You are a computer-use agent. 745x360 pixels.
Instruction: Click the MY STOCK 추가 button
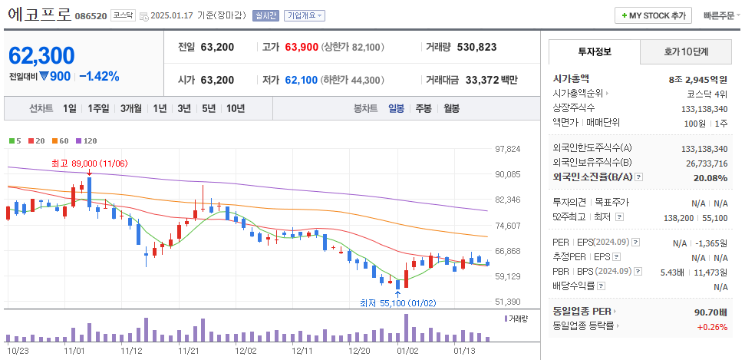point(653,15)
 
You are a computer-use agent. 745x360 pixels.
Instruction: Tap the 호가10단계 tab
point(686,51)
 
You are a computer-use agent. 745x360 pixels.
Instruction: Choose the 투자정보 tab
point(594,51)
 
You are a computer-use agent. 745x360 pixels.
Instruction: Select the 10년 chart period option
point(236,108)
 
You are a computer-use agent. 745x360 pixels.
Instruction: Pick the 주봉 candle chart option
point(424,108)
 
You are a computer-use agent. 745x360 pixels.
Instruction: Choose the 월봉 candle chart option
point(451,108)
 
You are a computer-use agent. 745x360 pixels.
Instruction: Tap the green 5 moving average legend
point(15,141)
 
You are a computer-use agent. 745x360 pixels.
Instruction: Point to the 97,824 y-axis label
point(508,149)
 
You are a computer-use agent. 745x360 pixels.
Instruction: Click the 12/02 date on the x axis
point(246,350)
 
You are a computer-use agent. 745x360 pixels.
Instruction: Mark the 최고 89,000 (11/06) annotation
point(89,163)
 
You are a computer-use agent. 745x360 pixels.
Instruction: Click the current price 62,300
point(41,55)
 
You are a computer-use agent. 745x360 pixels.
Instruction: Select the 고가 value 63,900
point(301,47)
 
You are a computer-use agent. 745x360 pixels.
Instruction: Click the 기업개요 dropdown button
point(305,15)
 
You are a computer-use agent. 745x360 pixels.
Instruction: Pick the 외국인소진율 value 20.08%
point(710,178)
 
